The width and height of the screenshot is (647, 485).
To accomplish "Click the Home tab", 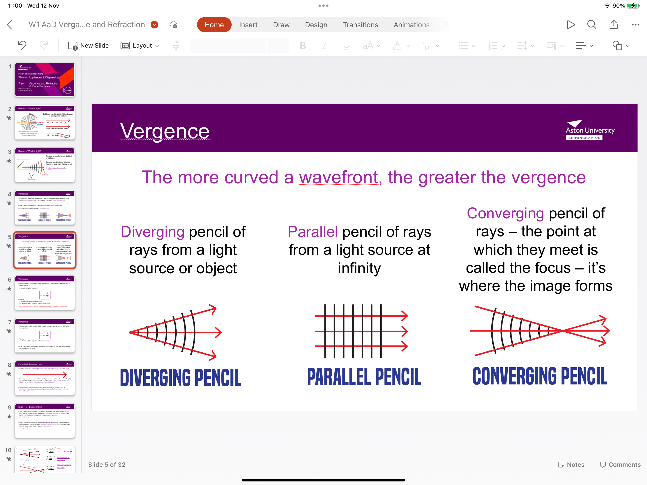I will click(214, 25).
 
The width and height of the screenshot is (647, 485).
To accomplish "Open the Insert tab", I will click(248, 25).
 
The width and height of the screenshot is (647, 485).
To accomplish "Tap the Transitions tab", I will click(360, 25).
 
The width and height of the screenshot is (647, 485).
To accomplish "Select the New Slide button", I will click(88, 46).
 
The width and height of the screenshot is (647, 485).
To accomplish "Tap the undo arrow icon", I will click(22, 45).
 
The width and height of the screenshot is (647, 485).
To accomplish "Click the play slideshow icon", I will click(570, 25).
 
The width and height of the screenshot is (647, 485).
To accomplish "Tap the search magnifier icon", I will click(591, 25).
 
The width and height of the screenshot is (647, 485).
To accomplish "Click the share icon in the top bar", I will click(614, 25).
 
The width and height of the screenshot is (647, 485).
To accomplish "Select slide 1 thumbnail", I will click(45, 80).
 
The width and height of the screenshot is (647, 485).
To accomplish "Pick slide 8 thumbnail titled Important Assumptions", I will click(45, 378).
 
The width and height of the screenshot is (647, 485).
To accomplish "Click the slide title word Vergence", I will click(165, 131).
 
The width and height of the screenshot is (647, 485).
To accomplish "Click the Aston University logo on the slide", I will click(590, 130).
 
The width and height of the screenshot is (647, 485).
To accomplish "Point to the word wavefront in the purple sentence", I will click(338, 178).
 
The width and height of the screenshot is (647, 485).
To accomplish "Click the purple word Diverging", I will click(152, 232).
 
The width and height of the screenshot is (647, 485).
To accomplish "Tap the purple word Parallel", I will click(312, 232).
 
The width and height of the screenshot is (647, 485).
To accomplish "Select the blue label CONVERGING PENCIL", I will click(540, 377).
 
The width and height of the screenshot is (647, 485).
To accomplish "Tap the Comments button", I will click(620, 465).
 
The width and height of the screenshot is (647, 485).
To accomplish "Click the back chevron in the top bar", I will click(10, 25).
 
